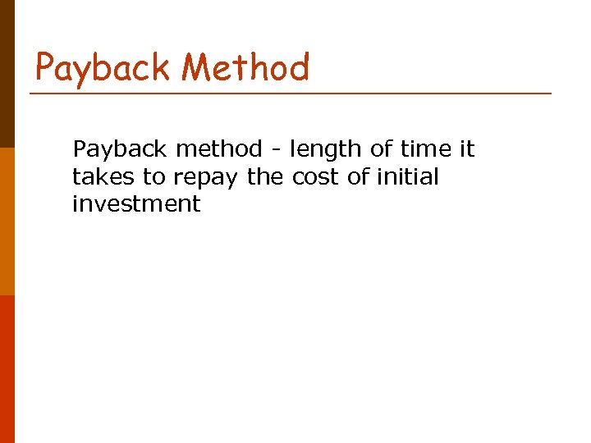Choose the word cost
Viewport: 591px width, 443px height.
coord(315,176)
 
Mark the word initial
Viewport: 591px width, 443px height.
coord(406,176)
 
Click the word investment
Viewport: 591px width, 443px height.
coord(136,203)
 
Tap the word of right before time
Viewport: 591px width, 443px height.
coord(381,149)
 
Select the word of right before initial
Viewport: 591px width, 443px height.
coord(357,176)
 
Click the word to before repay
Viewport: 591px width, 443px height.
coord(154,176)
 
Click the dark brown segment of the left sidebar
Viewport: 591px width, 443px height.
coord(7,74)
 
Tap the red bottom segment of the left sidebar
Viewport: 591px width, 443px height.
coord(7,369)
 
